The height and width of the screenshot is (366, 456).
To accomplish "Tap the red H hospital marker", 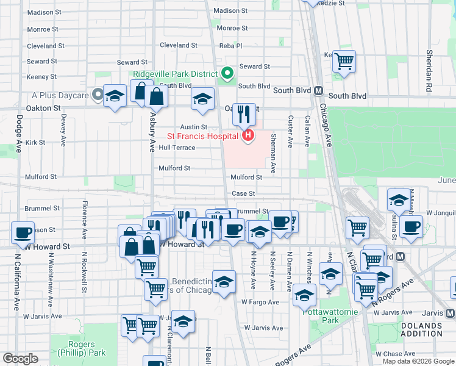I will pos(248,135).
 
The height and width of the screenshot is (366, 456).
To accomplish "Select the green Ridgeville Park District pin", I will pos(227,74).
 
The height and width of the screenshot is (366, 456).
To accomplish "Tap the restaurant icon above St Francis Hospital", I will pos(244,113).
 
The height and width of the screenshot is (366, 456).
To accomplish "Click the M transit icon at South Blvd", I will pos(318,91).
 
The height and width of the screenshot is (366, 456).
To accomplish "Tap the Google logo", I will pos(21,359).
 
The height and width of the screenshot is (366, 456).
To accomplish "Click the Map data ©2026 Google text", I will pos(418,361).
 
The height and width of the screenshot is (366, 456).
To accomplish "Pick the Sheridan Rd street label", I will pos(430,63).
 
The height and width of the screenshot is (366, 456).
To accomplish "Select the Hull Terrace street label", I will pos(177,148).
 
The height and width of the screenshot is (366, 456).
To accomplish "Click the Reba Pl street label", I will pos(230,46).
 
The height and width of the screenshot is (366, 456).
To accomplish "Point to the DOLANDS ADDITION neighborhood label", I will pos(421,330).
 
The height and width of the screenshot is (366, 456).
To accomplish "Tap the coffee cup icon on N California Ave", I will pos(23,232).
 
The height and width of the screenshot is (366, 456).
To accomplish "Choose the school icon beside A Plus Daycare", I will pos(115,96).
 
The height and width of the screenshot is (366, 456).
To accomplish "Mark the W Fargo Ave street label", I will pos(260,301).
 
